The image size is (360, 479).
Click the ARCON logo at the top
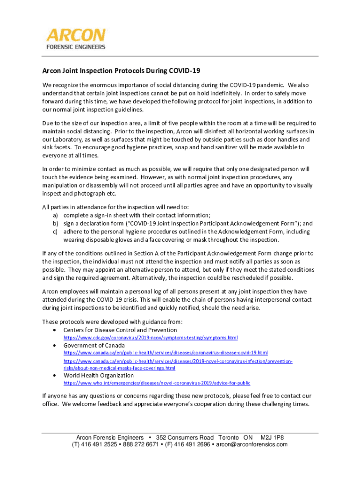(76, 35)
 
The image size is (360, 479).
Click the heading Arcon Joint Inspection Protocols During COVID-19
(121, 71)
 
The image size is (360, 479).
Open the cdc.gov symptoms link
(151, 338)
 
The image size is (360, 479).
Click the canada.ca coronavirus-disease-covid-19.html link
(166, 353)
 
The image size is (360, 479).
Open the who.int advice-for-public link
(153, 383)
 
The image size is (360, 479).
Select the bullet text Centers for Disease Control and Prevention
(120, 330)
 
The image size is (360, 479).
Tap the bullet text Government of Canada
(94, 345)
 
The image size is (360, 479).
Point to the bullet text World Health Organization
(99, 375)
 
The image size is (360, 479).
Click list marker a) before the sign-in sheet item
(55, 216)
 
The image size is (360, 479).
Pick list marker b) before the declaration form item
(55, 224)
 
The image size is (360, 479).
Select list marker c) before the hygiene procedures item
(55, 232)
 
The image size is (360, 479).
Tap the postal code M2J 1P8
(272, 437)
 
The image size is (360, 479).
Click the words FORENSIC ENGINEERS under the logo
(76, 47)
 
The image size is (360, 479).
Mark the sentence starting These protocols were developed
(112, 322)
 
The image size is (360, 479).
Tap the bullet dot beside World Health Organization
(56, 376)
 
